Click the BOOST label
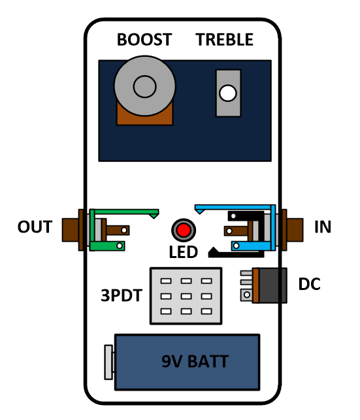(144, 40)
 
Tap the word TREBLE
(225, 40)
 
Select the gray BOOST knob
(144, 86)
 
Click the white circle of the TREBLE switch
(227, 93)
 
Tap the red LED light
(184, 230)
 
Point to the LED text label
(184, 252)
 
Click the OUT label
(35, 227)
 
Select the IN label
(323, 227)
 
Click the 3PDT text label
(122, 295)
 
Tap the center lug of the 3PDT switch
(186, 297)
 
